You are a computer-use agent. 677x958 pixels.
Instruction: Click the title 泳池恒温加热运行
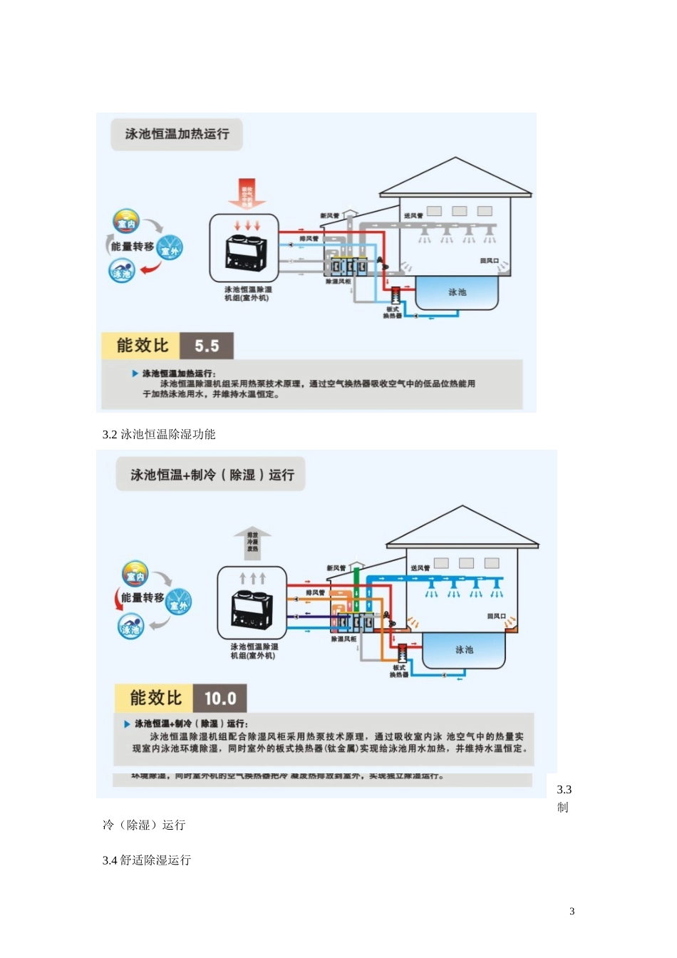(177, 134)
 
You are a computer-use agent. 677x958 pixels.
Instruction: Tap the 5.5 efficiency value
(207, 346)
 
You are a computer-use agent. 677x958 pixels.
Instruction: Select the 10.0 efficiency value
(220, 699)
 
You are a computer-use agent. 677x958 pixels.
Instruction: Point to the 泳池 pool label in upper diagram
(457, 292)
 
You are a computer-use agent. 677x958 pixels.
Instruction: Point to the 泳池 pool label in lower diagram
(464, 649)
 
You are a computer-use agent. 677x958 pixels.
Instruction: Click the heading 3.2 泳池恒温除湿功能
(159, 434)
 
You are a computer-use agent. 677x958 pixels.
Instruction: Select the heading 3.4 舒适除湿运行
(147, 860)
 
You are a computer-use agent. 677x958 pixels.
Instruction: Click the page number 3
(572, 911)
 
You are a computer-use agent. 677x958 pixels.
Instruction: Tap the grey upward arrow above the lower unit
(252, 541)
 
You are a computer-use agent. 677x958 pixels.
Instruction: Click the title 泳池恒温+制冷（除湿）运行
(212, 475)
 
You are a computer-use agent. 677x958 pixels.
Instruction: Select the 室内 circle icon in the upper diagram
(126, 222)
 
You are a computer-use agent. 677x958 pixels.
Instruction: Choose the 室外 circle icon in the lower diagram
(178, 604)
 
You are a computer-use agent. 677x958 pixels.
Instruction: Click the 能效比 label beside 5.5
(143, 346)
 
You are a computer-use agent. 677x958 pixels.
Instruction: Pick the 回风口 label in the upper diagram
(489, 261)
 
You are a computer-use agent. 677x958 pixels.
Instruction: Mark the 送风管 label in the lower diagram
(420, 568)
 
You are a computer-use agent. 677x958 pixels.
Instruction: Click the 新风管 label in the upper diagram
(330, 215)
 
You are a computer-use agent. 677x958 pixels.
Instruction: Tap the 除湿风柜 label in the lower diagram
(344, 639)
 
